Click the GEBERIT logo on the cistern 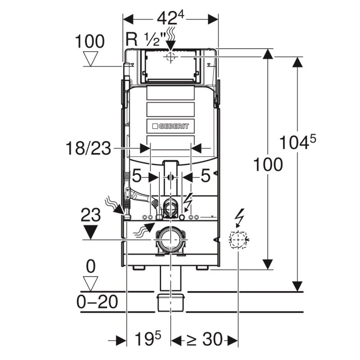(x=171, y=127)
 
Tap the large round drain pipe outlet (x=170, y=240)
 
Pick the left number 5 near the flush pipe (x=138, y=177)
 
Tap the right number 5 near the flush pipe (x=205, y=177)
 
